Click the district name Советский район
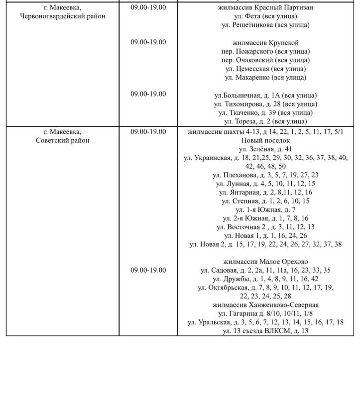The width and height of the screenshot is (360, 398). [x=63, y=140]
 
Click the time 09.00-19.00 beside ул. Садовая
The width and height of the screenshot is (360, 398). [x=148, y=270]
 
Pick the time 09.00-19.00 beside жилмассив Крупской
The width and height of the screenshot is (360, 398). [x=148, y=42]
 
